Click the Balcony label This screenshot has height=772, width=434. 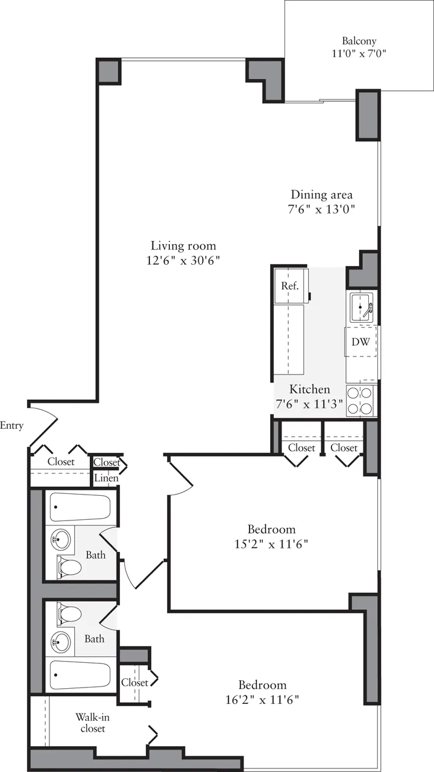pyautogui.click(x=359, y=41)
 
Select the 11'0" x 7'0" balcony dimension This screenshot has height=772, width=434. pyautogui.click(x=359, y=53)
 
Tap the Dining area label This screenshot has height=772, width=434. pyautogui.click(x=321, y=195)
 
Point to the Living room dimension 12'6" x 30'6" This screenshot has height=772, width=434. pyautogui.click(x=183, y=261)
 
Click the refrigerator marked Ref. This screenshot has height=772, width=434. pyautogui.click(x=290, y=286)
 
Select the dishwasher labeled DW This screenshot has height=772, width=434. pyautogui.click(x=360, y=342)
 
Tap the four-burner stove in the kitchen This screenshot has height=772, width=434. pyautogui.click(x=360, y=400)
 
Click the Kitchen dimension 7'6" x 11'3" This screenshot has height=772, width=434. pyautogui.click(x=309, y=405)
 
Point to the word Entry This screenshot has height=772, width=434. pyautogui.click(x=11, y=426)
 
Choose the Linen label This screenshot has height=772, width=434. pyautogui.click(x=107, y=478)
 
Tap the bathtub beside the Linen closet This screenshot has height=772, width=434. pyautogui.click(x=80, y=507)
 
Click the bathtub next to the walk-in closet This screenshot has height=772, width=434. pyautogui.click(x=80, y=675)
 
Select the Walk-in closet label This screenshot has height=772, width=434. pyautogui.click(x=92, y=723)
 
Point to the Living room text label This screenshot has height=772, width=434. pyautogui.click(x=183, y=246)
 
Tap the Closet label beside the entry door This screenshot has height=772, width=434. pyautogui.click(x=61, y=462)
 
